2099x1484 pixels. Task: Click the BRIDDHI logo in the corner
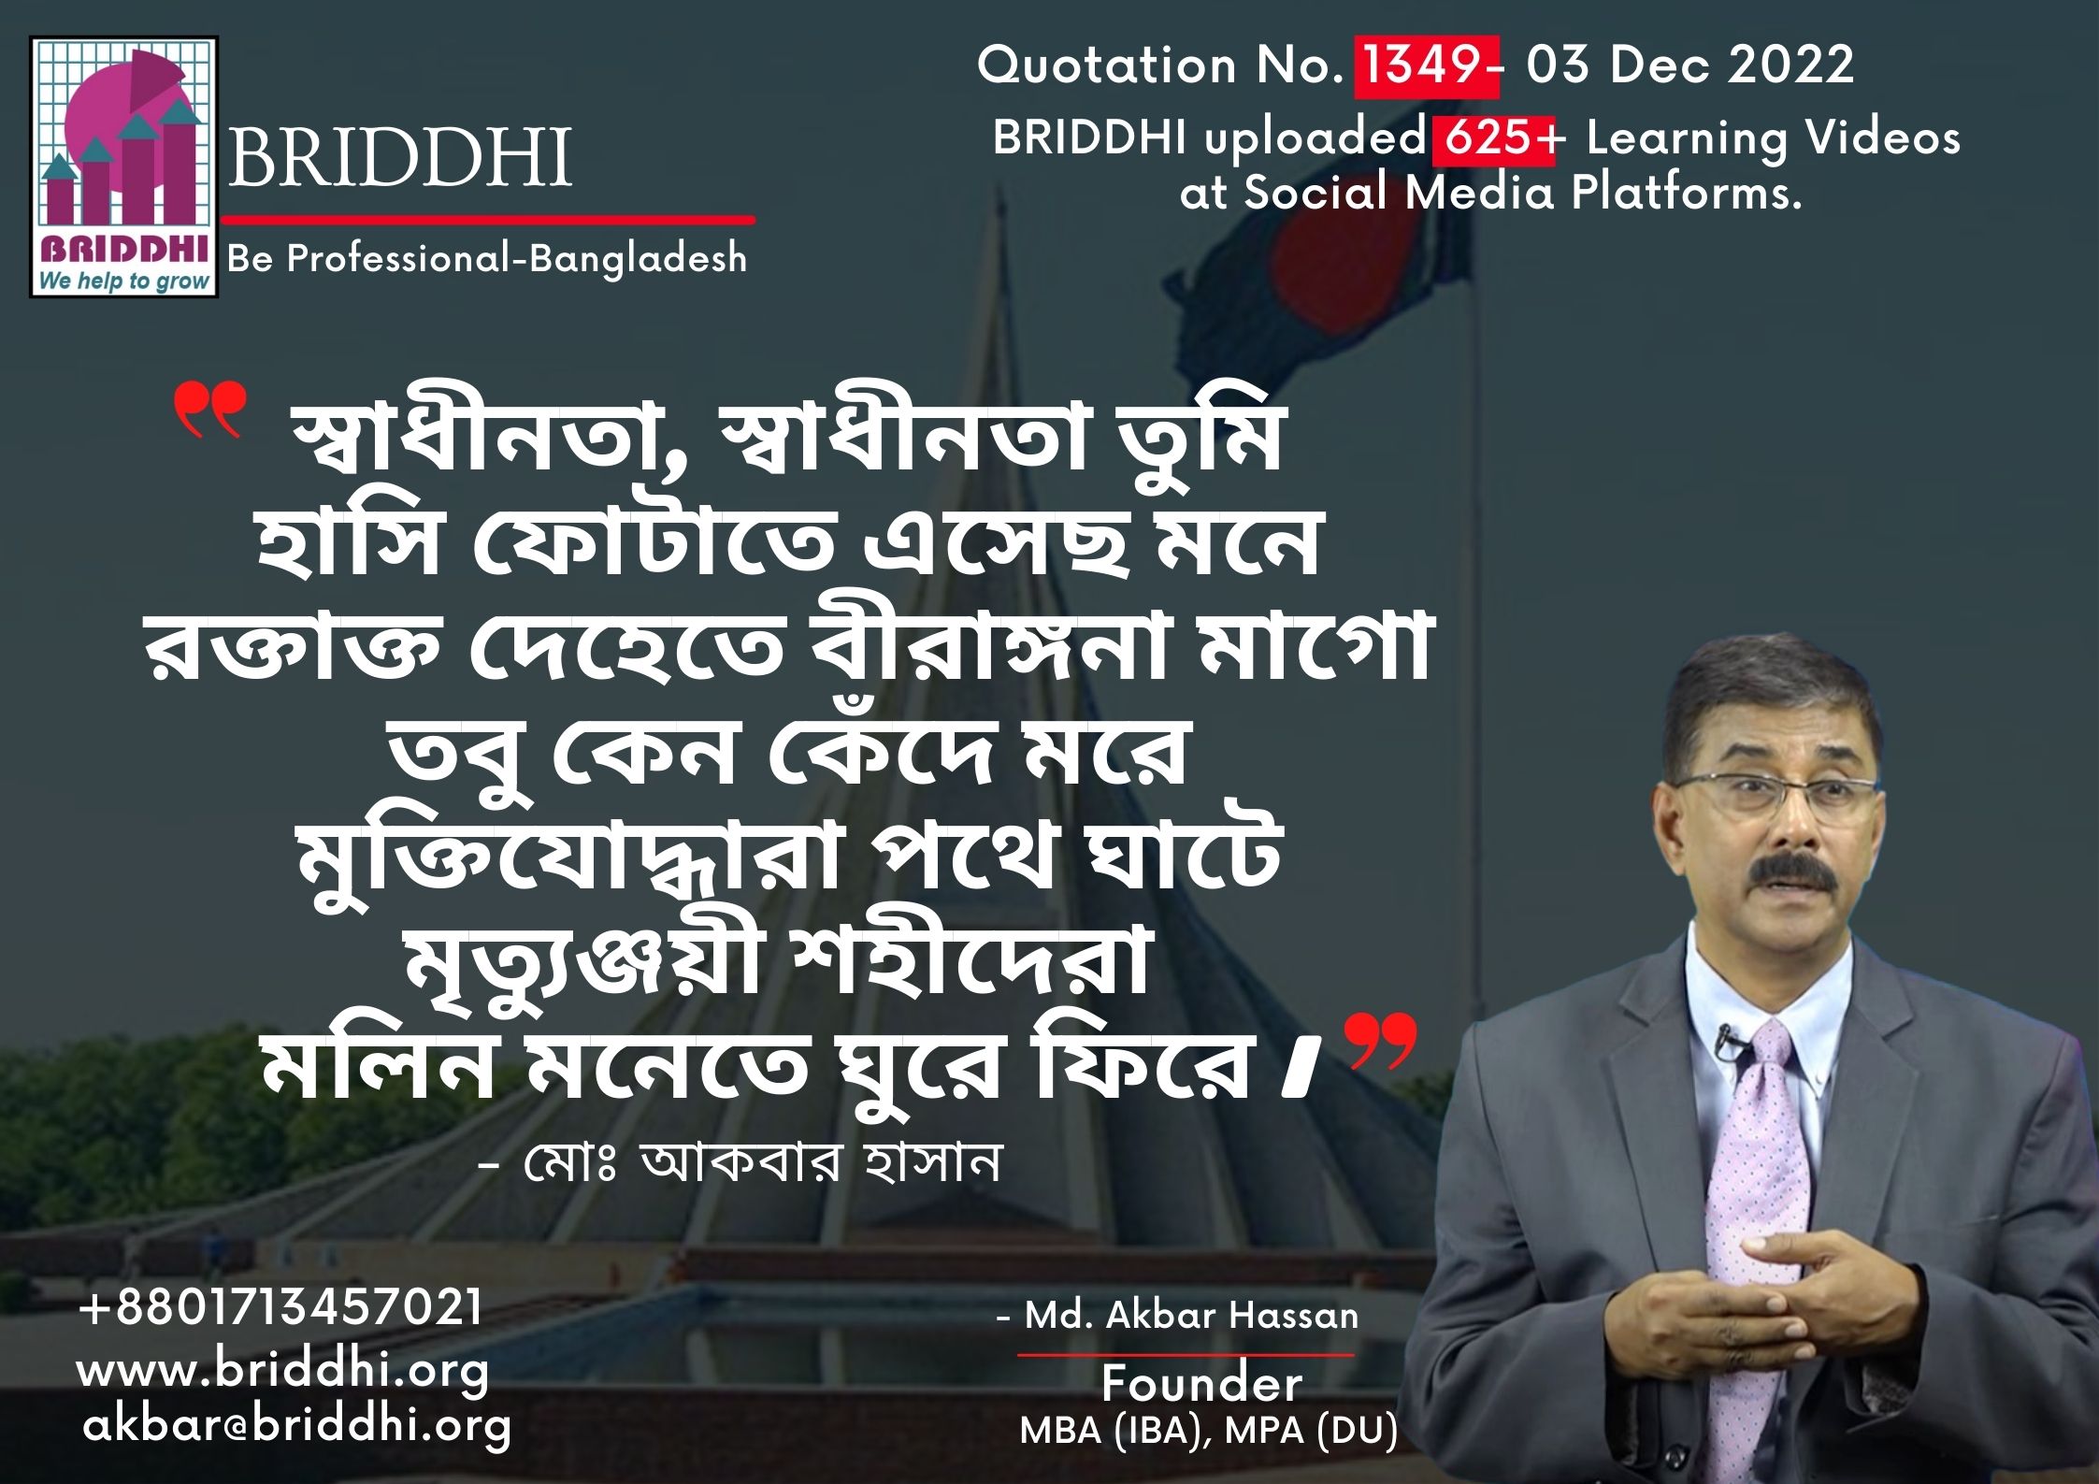tap(124, 167)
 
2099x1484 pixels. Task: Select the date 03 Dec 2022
tap(1690, 65)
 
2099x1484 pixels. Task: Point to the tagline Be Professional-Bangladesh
tap(487, 258)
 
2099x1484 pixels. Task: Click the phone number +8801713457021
tap(281, 1306)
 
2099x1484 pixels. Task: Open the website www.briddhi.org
tap(282, 1371)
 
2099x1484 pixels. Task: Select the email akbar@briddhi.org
tap(297, 1427)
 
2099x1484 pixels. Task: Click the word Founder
tap(1201, 1383)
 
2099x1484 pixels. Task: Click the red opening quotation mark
tap(209, 412)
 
